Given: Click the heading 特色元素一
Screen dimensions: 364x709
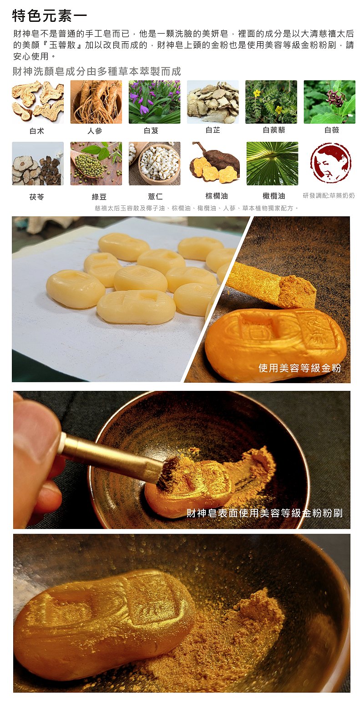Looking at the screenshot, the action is coord(50,16).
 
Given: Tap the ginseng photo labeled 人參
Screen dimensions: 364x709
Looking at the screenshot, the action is coord(96,102).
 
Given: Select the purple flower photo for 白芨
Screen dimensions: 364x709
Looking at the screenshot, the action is coord(154,102).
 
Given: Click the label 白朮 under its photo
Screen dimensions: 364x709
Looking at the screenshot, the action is coord(37,131).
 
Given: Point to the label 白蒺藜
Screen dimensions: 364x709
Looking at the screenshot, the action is coord(274,130).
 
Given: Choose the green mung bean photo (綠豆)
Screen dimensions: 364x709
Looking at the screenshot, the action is coord(96,163).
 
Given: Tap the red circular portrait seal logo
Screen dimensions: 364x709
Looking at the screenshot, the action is coord(330,163).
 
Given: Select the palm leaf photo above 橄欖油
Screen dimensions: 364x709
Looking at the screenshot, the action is coord(272,163).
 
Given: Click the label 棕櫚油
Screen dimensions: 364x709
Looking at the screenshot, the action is coord(217,196).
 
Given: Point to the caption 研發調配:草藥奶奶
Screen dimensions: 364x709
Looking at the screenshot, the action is coord(329,195).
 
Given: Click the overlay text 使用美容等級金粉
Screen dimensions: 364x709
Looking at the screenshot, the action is coord(300,368).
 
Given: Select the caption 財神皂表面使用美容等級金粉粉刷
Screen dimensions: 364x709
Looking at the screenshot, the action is coord(264,513).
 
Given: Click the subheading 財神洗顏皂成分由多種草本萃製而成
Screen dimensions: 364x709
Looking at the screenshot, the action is coord(96,71).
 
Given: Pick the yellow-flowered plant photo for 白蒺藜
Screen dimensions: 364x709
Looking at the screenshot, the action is coord(271,102).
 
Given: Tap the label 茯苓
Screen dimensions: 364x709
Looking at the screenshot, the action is coord(37,197).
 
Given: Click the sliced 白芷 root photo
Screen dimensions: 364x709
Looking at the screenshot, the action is coord(212,102).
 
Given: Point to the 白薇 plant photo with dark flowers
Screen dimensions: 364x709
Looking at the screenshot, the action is coord(329,102).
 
